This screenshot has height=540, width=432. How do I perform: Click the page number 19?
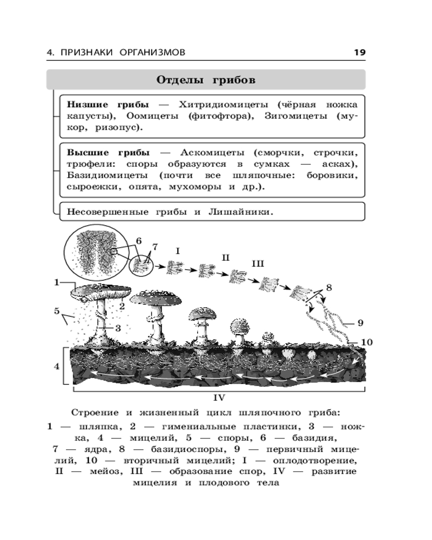(359, 52)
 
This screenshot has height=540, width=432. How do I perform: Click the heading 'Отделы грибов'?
(206, 80)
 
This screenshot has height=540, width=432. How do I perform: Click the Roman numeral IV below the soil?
(219, 397)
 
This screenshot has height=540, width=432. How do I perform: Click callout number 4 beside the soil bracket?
(56, 366)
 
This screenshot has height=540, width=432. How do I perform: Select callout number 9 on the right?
(360, 323)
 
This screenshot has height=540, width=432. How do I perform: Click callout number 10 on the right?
(367, 342)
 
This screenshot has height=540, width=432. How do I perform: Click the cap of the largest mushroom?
(100, 291)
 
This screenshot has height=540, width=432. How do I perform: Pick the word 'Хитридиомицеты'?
(217, 104)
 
